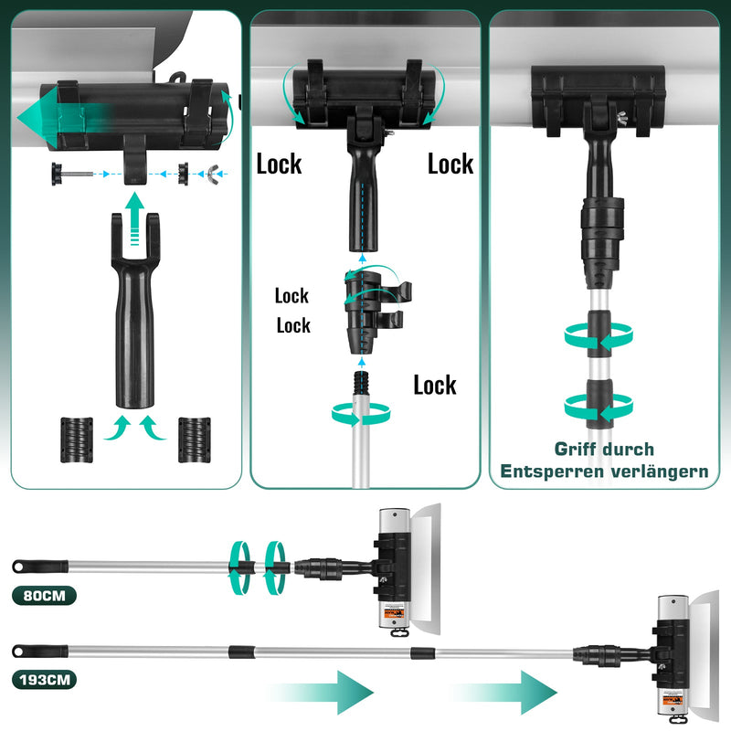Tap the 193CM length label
[45, 681]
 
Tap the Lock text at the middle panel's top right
[450, 164]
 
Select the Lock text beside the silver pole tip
[434, 385]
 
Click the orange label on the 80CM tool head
[393, 615]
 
